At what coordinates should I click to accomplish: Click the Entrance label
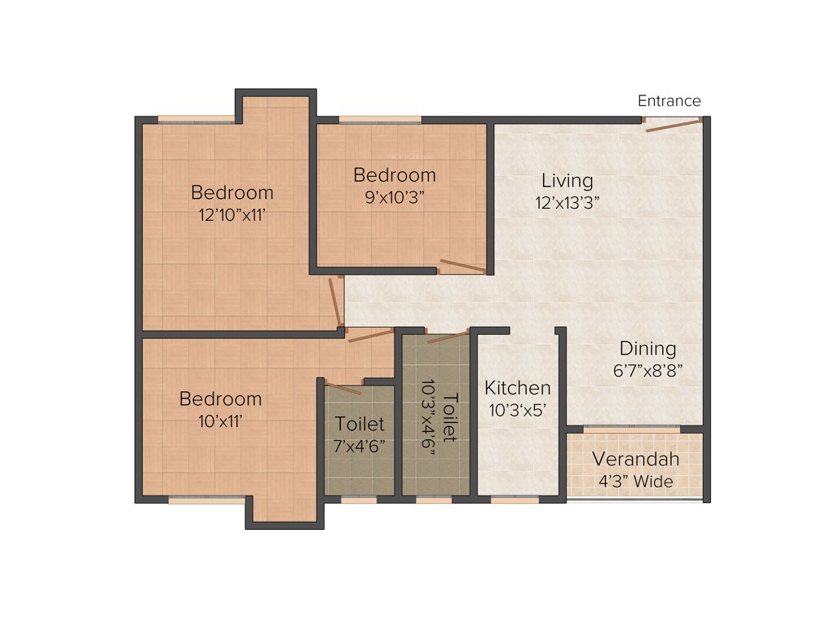[669, 101]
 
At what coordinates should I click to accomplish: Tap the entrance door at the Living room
[672, 123]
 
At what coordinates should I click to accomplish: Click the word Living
[568, 180]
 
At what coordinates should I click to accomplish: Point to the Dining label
[647, 348]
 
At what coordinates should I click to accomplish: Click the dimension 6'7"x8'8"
[647, 369]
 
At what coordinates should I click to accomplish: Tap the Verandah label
[635, 459]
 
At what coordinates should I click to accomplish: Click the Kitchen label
[517, 388]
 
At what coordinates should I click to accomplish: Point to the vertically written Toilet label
[450, 418]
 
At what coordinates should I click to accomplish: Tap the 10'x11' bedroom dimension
[220, 421]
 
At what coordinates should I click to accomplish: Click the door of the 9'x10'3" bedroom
[462, 267]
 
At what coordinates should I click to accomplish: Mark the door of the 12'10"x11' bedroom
[334, 301]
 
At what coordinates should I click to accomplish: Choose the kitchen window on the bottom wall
[515, 500]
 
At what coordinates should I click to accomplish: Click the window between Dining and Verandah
[632, 429]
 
